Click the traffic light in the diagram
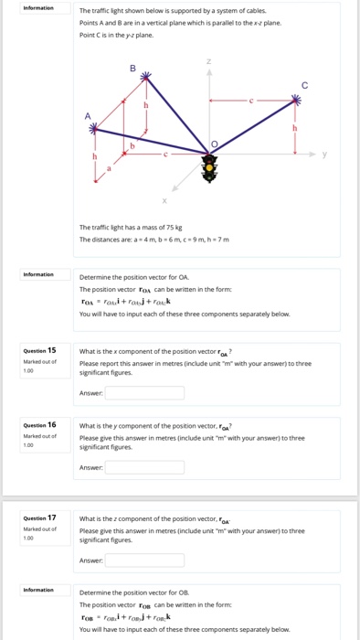click(211, 167)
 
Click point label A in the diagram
click(88, 115)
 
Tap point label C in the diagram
click(292, 85)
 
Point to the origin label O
click(215, 144)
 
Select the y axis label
click(323, 154)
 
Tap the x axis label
click(164, 200)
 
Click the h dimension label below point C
click(293, 127)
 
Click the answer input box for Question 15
click(144, 393)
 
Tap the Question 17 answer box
click(144, 560)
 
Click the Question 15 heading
click(40, 350)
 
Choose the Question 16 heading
click(40, 425)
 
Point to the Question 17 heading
click(40, 517)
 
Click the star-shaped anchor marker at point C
click(293, 99)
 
